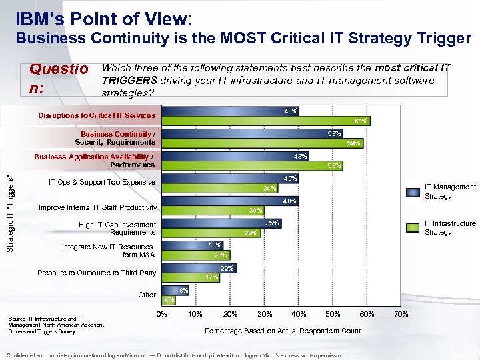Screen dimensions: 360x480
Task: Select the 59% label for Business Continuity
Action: (x=353, y=143)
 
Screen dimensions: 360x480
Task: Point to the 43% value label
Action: (x=300, y=156)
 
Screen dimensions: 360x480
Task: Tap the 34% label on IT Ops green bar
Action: (x=269, y=188)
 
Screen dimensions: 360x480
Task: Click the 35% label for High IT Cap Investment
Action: (x=272, y=223)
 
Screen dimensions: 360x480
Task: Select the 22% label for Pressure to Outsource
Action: (x=227, y=268)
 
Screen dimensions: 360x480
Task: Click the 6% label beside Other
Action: (x=184, y=290)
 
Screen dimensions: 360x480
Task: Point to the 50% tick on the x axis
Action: (x=332, y=314)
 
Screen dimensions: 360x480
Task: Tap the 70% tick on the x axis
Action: (x=401, y=314)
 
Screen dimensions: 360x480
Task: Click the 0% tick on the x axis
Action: (x=161, y=314)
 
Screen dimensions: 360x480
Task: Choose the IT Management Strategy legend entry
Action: (x=450, y=191)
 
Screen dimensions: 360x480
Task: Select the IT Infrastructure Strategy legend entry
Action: (x=450, y=227)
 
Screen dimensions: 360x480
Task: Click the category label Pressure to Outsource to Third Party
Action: (x=97, y=273)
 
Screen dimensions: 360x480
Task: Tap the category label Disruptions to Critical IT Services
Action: (x=96, y=115)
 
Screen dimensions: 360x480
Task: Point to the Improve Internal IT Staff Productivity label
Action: (x=97, y=207)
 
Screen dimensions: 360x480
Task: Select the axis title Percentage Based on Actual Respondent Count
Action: (x=283, y=331)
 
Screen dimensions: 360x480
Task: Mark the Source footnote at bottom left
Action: (x=56, y=325)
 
